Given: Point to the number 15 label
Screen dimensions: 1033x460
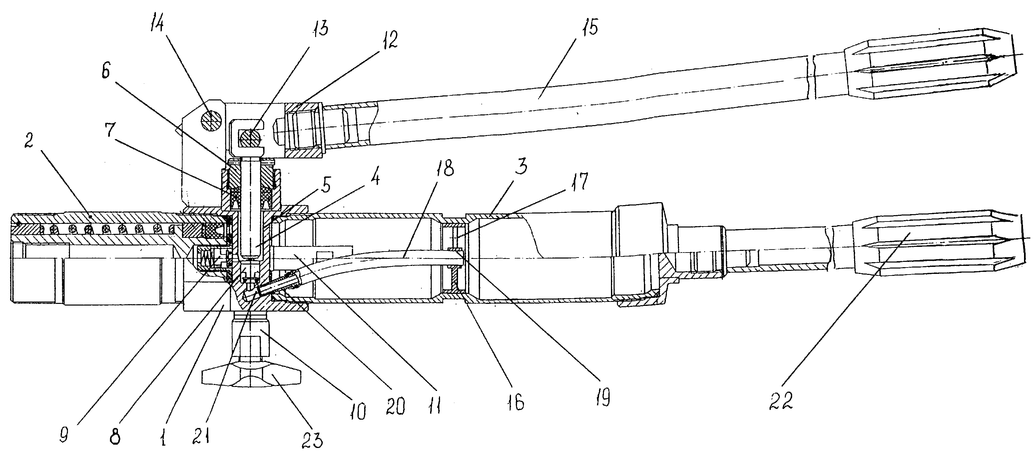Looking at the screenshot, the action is [x=590, y=26].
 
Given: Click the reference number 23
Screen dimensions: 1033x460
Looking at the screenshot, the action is [x=312, y=440].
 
